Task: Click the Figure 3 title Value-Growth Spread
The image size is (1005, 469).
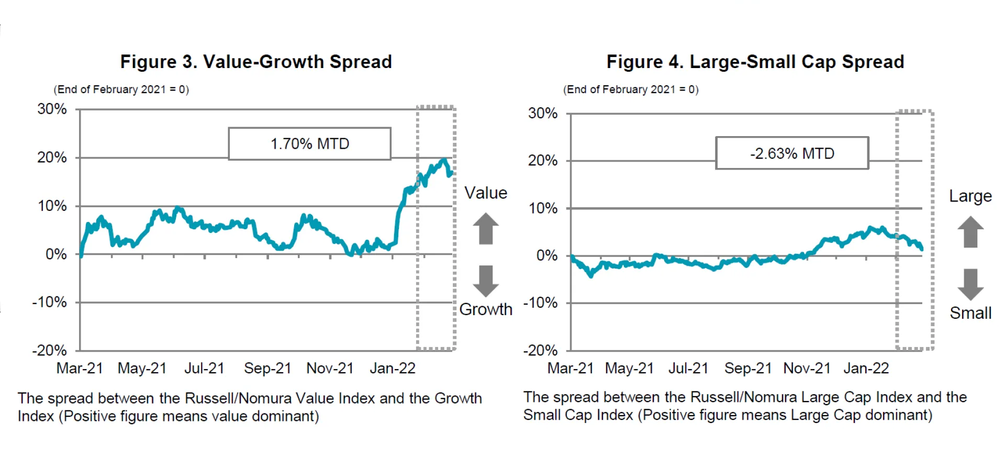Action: [x=256, y=62]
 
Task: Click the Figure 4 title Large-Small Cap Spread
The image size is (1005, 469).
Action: [x=755, y=62]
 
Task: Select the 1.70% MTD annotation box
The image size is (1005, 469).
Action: [x=309, y=143]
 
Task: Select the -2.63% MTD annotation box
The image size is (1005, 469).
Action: [x=792, y=153]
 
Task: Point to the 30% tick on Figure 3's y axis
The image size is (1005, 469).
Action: [x=52, y=109]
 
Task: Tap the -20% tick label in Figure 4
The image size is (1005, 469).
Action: [x=540, y=350]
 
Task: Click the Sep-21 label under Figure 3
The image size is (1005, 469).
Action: [x=267, y=368]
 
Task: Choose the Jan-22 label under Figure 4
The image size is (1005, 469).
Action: [x=866, y=368]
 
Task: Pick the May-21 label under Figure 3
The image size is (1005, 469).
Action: [x=142, y=368]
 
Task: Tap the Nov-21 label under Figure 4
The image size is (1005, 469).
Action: [x=807, y=368]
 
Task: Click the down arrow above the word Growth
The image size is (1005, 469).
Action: [x=486, y=281]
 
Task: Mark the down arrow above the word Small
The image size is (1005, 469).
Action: [x=970, y=284]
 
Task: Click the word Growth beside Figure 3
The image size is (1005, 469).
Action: [x=486, y=309]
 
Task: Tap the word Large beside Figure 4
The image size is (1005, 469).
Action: [x=970, y=196]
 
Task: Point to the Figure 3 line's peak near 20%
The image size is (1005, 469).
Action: [x=444, y=160]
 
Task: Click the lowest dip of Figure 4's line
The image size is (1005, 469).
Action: [x=591, y=275]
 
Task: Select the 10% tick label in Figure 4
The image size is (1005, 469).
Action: [x=543, y=208]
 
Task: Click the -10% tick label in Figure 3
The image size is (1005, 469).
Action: [x=49, y=302]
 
